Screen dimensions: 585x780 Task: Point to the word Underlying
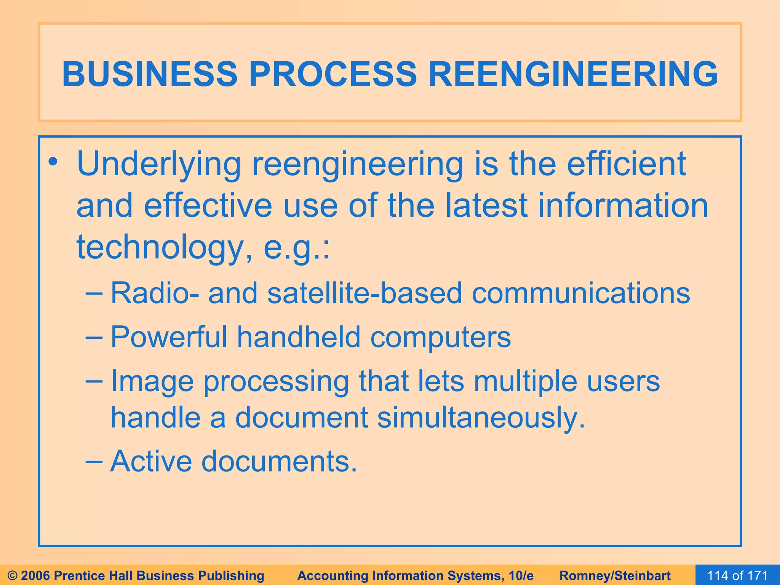[x=159, y=165]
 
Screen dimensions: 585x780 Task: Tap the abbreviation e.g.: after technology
[x=297, y=248]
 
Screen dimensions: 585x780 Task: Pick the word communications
[x=580, y=293]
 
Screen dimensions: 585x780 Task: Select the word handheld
[x=299, y=337]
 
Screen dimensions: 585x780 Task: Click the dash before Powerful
[x=94, y=337]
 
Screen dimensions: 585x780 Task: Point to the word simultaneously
[x=481, y=417]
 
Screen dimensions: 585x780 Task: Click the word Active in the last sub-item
[x=151, y=461]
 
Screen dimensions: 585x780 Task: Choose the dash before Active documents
[x=94, y=461]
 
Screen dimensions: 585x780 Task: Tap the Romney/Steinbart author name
[x=615, y=575]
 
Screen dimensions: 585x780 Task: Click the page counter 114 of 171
[x=737, y=575]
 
